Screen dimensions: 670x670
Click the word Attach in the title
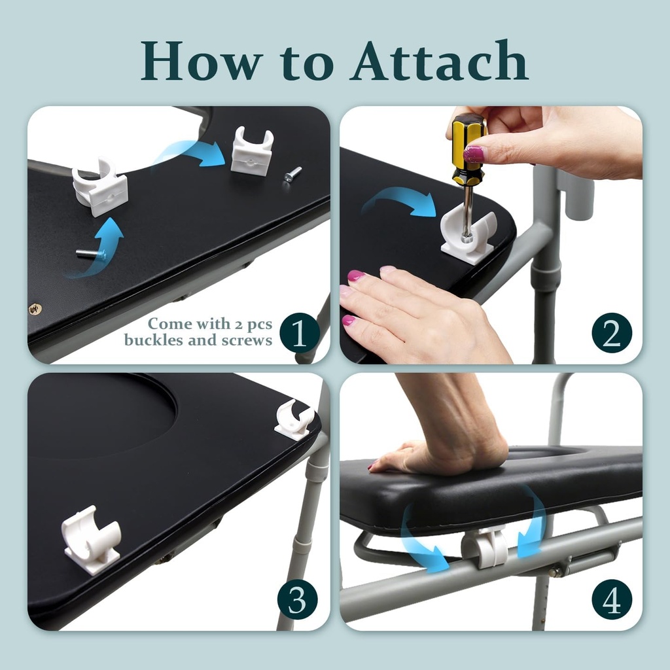(x=439, y=61)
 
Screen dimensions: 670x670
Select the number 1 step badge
(x=299, y=333)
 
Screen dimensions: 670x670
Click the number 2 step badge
(x=612, y=333)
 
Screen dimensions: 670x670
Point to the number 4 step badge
(x=612, y=599)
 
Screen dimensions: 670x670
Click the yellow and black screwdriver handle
(x=468, y=149)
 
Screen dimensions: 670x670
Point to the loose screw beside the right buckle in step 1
(x=292, y=175)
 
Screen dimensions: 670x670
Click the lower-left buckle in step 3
(x=92, y=540)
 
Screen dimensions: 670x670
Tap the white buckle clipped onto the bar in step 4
(x=484, y=547)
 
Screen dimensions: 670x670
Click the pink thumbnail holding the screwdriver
(x=474, y=154)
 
